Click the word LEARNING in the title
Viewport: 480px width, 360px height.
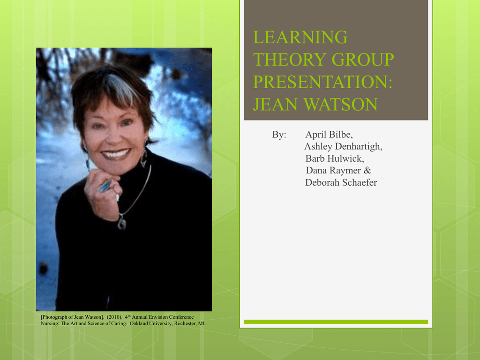tap(300, 37)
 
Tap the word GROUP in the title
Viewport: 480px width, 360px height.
tap(363, 60)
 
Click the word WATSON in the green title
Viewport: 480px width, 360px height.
tap(341, 104)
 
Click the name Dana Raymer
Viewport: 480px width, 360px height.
tap(333, 170)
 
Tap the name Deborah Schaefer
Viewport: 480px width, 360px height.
tap(341, 182)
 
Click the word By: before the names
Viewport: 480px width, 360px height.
tap(279, 135)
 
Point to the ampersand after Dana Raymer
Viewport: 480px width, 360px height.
tap(367, 170)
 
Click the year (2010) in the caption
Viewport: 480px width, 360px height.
tap(114, 317)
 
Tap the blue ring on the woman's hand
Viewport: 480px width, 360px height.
tap(105, 186)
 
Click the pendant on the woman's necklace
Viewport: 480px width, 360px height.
tap(122, 223)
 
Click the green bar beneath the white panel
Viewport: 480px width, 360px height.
tap(336, 322)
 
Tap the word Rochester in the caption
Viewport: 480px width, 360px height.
tap(185, 323)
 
